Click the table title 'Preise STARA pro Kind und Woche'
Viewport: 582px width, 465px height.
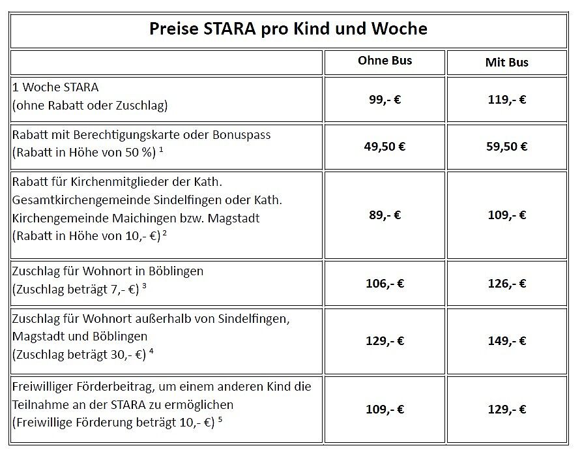(289, 29)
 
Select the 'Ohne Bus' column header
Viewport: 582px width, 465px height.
(385, 61)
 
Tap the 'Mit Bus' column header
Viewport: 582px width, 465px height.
(506, 63)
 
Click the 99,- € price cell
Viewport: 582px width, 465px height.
(385, 100)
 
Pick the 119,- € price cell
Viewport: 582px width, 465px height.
(506, 100)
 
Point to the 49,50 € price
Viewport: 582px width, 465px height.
(385, 146)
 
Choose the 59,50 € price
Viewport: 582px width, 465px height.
(506, 146)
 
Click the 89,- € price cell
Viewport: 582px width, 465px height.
(385, 215)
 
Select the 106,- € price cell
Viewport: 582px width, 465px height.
(385, 283)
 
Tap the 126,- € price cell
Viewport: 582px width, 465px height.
(506, 283)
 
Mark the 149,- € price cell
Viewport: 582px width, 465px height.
(506, 340)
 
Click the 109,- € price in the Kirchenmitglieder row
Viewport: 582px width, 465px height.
(506, 215)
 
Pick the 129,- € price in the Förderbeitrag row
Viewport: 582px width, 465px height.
(506, 410)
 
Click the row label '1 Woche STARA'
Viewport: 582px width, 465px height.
(55, 87)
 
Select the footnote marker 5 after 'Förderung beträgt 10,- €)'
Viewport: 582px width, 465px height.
(220, 419)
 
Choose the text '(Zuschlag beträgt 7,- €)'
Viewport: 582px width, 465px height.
(75, 288)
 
